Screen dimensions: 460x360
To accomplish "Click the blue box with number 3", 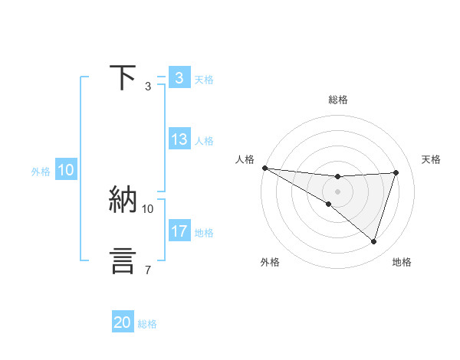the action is [x=179, y=78].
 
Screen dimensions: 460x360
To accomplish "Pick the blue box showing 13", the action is [x=179, y=139].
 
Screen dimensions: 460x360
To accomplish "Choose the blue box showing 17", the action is [x=179, y=231].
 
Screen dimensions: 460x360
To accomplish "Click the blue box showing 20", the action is [x=123, y=322].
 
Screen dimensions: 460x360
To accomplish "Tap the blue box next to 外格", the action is [x=65, y=171].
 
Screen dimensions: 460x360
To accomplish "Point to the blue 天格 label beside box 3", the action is [x=204, y=79].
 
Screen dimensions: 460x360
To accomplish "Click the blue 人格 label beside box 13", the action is [x=204, y=140].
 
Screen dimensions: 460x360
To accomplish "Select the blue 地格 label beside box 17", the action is [x=204, y=232].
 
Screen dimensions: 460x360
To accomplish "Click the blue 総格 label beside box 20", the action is [x=147, y=324].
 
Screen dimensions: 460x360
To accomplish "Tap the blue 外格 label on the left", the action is [x=41, y=172].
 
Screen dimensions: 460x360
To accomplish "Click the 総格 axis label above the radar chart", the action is [x=337, y=100].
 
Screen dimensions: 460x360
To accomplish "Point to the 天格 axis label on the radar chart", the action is [x=431, y=159].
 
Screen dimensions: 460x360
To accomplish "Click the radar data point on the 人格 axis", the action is [x=264, y=168].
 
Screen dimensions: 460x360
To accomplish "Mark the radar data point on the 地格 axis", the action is [x=373, y=242].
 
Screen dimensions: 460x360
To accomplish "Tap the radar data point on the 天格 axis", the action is [x=396, y=172].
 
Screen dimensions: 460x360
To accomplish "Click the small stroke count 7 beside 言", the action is [x=148, y=270].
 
